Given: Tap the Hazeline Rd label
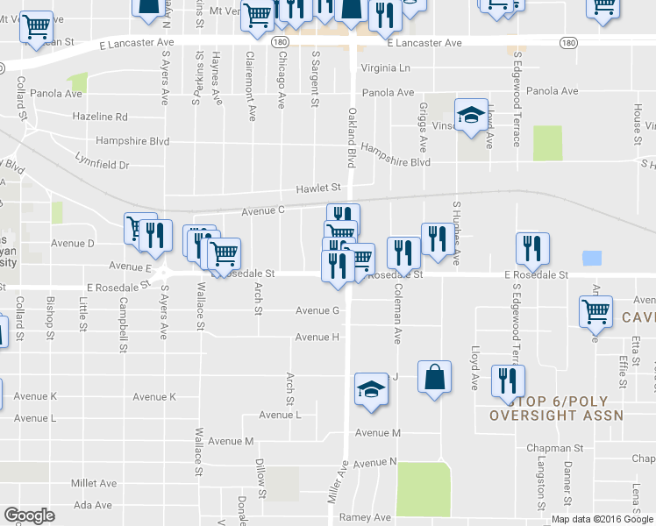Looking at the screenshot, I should (x=101, y=117).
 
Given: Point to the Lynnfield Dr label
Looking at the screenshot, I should (x=102, y=165).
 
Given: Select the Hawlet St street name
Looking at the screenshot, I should (x=318, y=188).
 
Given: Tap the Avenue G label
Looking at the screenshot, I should (x=317, y=310).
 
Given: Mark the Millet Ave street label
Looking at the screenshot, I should (x=95, y=483).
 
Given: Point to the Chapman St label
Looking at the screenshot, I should (x=549, y=448).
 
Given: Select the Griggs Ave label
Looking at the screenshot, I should (x=423, y=125).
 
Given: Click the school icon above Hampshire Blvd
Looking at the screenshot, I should (x=471, y=115).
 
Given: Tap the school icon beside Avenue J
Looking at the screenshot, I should (x=371, y=388).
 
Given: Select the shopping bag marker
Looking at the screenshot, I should (x=434, y=378).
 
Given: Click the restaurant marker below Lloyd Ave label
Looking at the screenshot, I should (x=508, y=381).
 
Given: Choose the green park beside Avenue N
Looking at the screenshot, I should (x=423, y=488).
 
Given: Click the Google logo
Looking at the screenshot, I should (x=29, y=515).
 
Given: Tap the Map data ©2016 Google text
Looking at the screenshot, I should (x=602, y=519).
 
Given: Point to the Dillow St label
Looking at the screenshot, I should (x=260, y=473).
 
